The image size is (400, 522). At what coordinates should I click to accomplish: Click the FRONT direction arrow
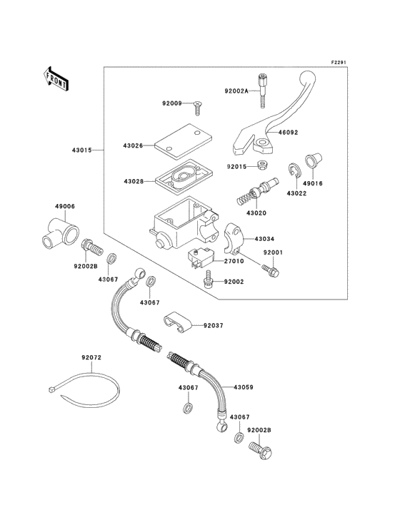point(56,78)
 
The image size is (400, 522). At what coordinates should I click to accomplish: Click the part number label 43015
point(81,150)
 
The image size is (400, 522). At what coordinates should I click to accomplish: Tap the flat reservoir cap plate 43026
point(184,141)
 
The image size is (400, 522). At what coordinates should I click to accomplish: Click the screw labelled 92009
point(197,108)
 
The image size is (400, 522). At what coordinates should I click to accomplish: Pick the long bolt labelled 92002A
point(262,91)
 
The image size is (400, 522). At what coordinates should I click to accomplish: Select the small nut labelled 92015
point(261,165)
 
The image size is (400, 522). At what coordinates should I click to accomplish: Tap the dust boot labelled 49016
point(314,160)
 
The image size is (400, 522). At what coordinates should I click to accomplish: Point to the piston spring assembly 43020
point(257,193)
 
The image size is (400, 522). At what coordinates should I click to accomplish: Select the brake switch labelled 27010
point(199,258)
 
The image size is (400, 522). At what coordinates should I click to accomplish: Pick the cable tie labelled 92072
point(84,389)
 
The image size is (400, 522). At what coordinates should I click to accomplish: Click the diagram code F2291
point(339,62)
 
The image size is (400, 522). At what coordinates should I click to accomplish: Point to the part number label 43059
point(244,387)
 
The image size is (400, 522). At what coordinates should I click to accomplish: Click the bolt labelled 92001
point(270,270)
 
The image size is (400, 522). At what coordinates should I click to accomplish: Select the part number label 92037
point(214,325)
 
